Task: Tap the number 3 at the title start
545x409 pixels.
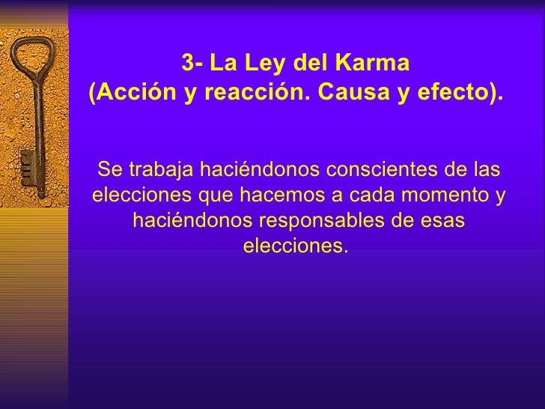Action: point(188,63)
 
